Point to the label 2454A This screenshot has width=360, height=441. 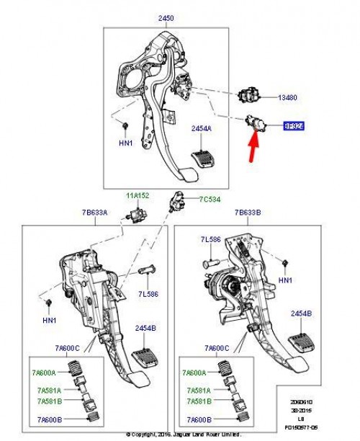201,128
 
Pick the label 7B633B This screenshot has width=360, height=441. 248,213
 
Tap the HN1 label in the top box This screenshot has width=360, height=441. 125,143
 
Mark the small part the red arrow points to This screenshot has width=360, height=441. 256,125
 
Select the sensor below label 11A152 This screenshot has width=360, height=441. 133,215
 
